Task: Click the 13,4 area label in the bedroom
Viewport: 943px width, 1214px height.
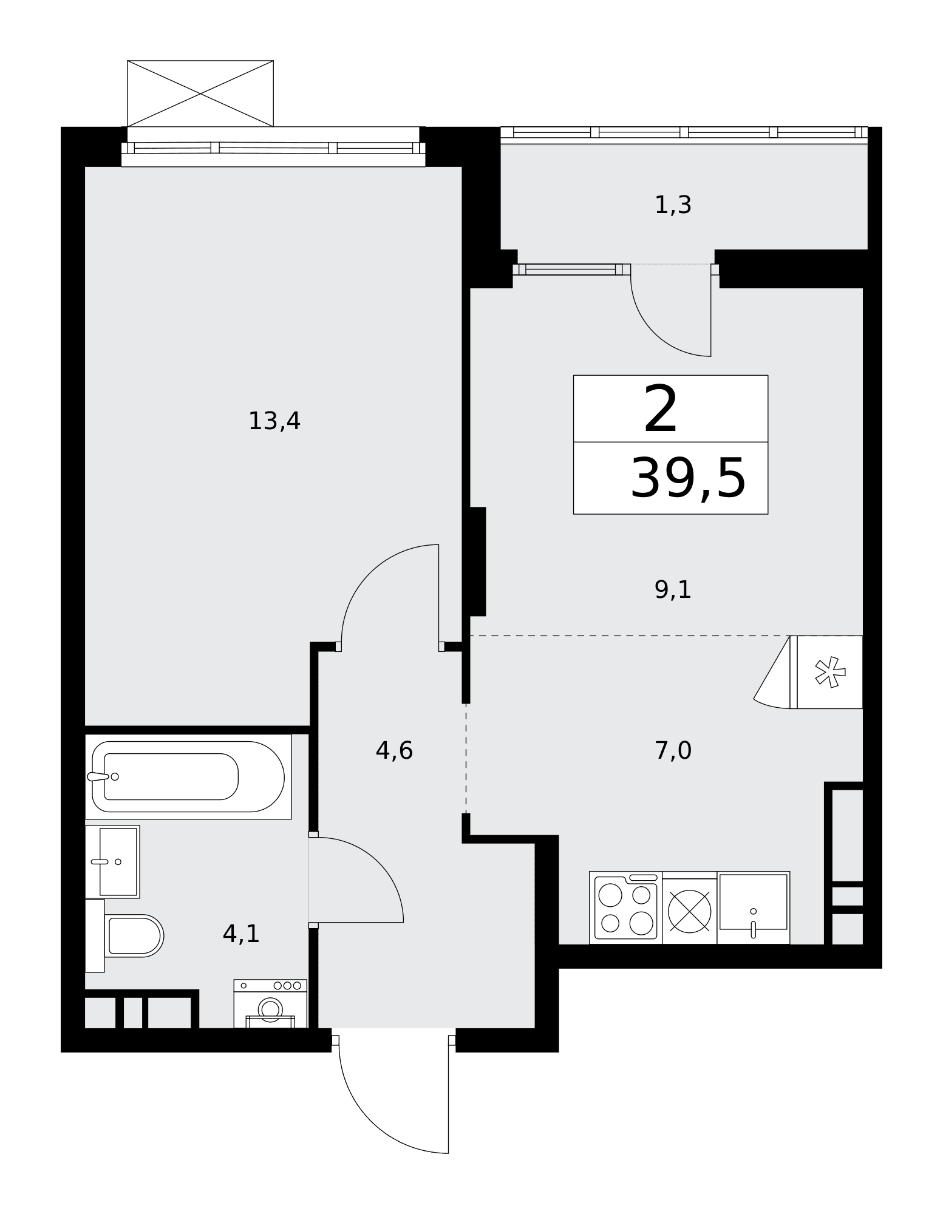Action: (274, 421)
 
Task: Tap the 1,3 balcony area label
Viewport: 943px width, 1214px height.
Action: (673, 205)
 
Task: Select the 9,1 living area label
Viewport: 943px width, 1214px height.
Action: (673, 589)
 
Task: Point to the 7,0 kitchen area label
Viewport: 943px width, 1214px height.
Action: (673, 751)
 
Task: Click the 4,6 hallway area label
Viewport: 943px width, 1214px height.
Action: (394, 751)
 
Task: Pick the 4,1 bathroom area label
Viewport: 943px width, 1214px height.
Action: (241, 934)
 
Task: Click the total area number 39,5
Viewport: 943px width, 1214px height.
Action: (688, 479)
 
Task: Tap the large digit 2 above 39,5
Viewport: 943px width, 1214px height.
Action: (661, 410)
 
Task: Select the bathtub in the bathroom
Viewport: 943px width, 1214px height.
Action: (188, 776)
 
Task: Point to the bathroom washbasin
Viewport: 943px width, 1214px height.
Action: (112, 861)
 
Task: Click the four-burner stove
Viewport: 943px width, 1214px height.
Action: (625, 907)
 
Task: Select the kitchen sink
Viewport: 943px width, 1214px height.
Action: (753, 907)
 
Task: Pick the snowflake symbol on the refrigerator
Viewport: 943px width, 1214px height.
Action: (830, 672)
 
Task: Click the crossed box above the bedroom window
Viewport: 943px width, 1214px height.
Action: (200, 93)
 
